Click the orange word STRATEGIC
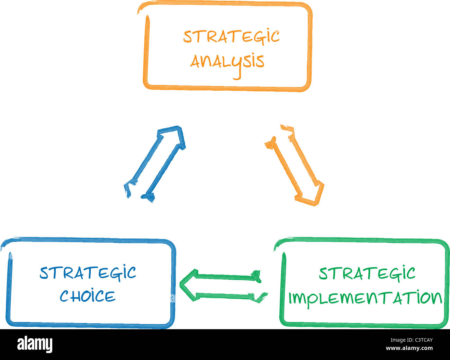click(232, 37)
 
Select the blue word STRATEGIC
click(88, 273)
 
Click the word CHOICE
click(88, 296)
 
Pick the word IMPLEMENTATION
click(365, 298)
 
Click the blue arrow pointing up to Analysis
click(155, 164)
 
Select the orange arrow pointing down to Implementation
click(295, 165)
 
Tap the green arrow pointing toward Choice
click(224, 285)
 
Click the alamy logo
click(35, 344)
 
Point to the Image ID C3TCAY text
click(412, 340)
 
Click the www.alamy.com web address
click(409, 348)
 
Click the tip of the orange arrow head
click(316, 205)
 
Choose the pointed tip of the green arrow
click(180, 283)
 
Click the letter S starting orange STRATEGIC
click(188, 37)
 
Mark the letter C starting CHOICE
click(64, 296)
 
